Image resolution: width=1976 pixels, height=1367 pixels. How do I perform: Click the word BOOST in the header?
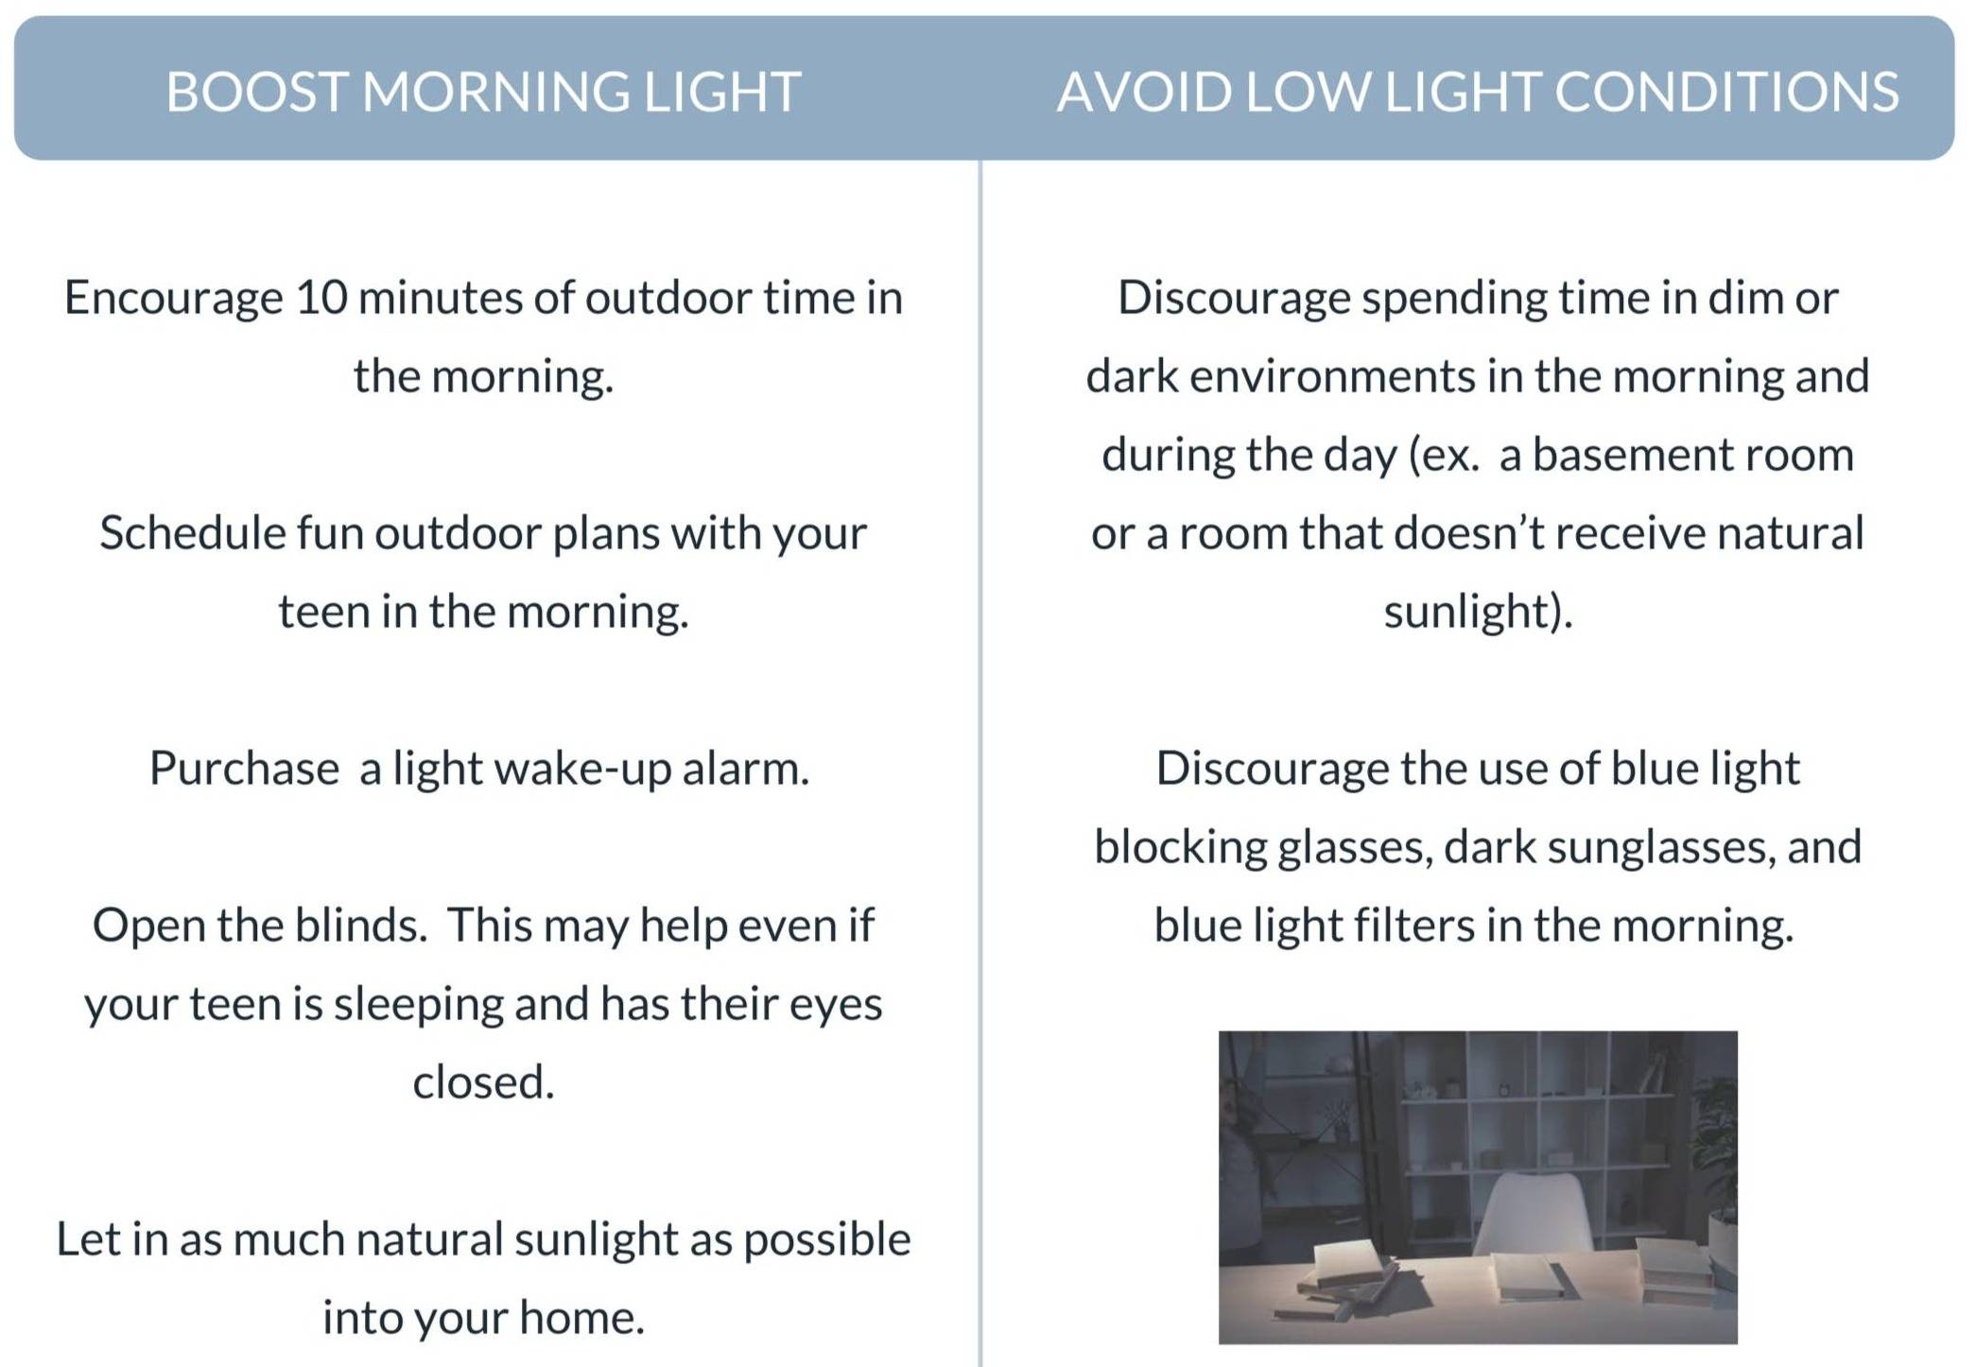[257, 92]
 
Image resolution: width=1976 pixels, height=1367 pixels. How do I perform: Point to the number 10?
[321, 298]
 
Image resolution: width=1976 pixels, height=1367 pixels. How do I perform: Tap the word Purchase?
[244, 768]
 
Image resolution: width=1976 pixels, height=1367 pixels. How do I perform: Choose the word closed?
[483, 1081]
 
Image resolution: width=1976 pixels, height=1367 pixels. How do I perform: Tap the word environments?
[1332, 376]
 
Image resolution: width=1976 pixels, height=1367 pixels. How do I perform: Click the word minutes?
[440, 298]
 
